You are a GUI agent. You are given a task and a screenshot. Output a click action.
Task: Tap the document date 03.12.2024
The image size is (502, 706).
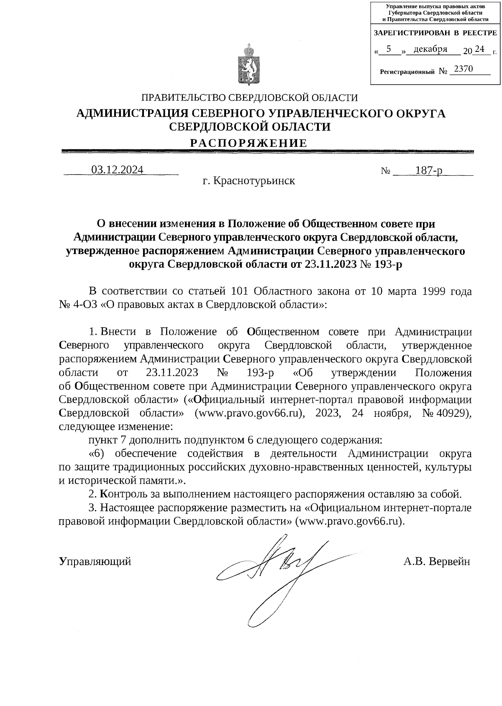point(118,169)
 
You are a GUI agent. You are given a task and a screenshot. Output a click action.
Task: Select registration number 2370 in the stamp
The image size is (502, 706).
point(463,69)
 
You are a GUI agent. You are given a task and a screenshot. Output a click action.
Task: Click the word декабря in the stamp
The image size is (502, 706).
point(430,49)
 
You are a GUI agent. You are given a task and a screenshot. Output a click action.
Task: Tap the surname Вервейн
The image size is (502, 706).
point(449,561)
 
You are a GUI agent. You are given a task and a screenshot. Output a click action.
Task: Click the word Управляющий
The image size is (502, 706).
point(95,561)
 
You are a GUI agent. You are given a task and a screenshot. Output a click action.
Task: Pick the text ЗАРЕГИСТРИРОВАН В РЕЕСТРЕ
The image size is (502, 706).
point(435,33)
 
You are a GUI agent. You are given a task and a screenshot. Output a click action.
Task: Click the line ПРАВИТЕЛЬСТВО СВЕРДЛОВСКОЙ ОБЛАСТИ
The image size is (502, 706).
point(250,98)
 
